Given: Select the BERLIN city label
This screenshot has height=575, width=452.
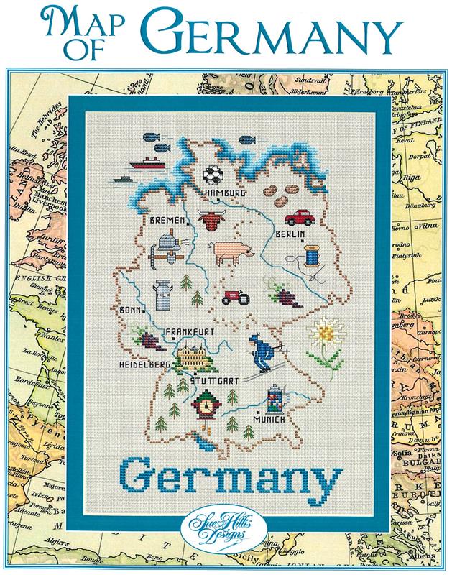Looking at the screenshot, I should tap(291, 234).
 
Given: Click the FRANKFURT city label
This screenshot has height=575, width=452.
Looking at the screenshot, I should tap(192, 331).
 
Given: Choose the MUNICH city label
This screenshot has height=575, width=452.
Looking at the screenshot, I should tap(269, 418).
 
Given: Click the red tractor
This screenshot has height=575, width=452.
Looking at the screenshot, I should tap(232, 295).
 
